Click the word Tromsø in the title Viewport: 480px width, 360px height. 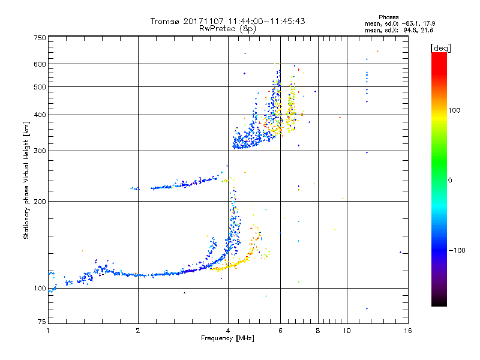point(164,21)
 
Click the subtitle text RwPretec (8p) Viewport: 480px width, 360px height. point(227,29)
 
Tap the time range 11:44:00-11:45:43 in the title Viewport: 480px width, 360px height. point(266,21)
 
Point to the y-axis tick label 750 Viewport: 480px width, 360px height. point(40,38)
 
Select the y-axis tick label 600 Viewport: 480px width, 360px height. point(40,64)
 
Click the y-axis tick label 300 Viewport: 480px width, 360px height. point(40,151)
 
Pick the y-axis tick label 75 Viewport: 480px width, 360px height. point(42,322)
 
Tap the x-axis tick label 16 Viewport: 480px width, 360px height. point(408,331)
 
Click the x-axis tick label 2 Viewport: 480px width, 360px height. point(138,331)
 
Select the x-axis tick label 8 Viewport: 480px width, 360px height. point(318,331)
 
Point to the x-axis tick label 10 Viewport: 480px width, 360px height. point(347,331)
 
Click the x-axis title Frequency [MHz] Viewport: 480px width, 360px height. point(227,338)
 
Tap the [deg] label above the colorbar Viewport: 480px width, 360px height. point(441,48)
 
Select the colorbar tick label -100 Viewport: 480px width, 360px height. point(457,250)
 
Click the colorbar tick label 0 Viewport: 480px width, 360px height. point(450,181)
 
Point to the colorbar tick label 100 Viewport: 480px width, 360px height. point(454,110)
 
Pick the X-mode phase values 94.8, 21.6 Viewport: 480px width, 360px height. point(418,30)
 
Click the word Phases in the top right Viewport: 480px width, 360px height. point(388,17)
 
